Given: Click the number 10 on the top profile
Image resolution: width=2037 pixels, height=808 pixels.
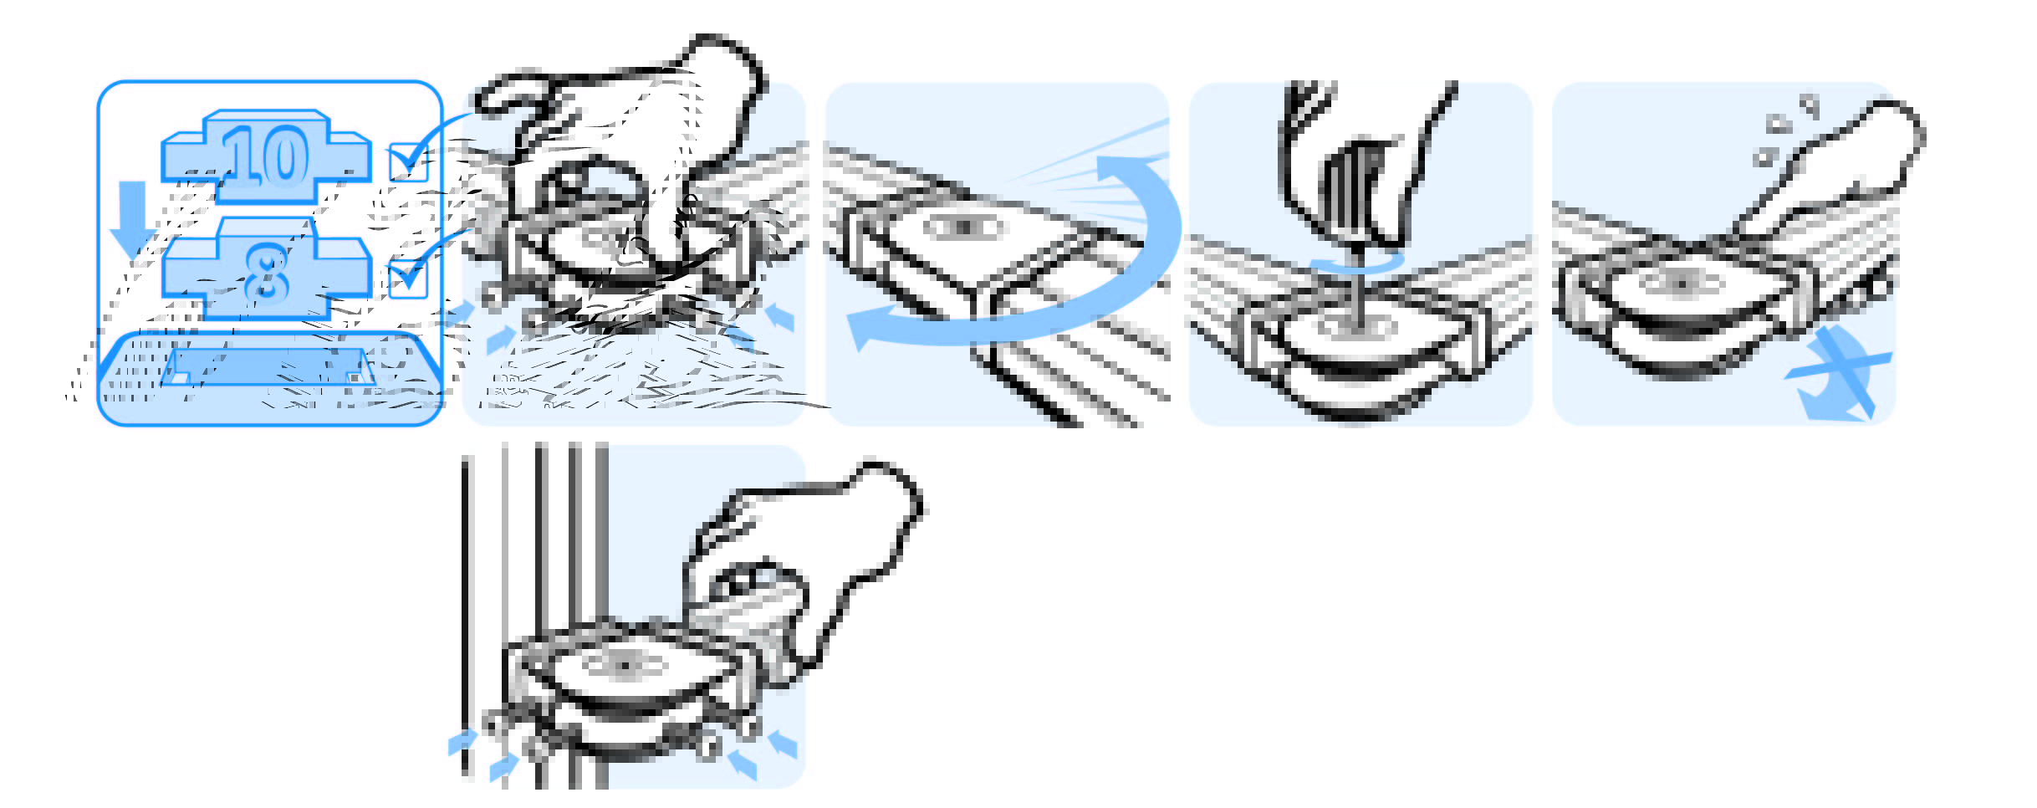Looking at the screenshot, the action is click(266, 156).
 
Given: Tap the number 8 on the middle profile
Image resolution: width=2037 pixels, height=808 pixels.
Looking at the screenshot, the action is click(267, 274).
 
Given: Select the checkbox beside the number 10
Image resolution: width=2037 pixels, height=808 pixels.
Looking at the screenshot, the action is click(409, 162).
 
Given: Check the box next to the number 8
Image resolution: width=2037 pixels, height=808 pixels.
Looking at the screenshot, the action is click(408, 278).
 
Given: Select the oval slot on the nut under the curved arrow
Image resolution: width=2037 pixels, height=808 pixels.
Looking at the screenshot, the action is click(965, 227).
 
